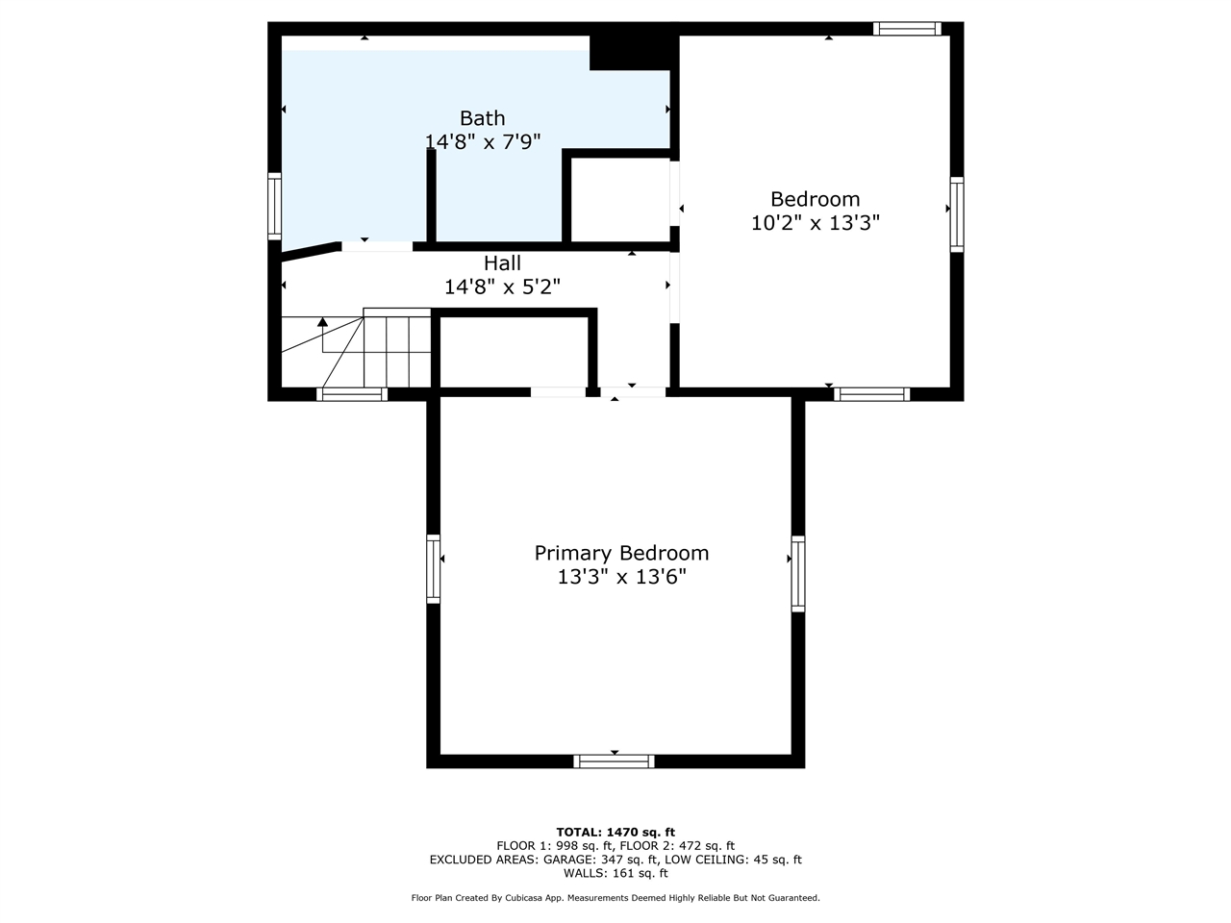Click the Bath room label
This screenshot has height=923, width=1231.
pos(482,118)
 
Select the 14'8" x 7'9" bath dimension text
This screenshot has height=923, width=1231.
pos(483,141)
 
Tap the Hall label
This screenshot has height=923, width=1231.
pos(502,262)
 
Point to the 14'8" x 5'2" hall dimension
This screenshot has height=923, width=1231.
pos(502,287)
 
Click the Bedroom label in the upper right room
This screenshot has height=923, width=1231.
pos(815,199)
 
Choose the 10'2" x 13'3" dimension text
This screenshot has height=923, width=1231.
pos(815,223)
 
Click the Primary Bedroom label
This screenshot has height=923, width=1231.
pos(621,553)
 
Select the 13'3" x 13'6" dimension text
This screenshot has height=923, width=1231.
pos(621,577)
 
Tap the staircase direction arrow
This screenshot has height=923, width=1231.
pos(323,323)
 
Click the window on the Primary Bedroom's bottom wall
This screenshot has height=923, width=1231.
pos(614,761)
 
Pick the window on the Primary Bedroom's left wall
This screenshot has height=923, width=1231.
pos(434,568)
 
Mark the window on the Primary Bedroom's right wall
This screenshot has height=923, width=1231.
pos(798,573)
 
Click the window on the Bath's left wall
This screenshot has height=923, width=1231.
pos(275,206)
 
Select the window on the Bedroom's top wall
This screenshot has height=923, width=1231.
pos(907,29)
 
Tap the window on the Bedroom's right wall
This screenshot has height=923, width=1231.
pos(957,213)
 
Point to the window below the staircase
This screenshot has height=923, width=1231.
pos(352,393)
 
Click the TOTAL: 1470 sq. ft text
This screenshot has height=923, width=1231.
pos(615,832)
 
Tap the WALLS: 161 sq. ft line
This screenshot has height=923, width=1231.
pos(615,873)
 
